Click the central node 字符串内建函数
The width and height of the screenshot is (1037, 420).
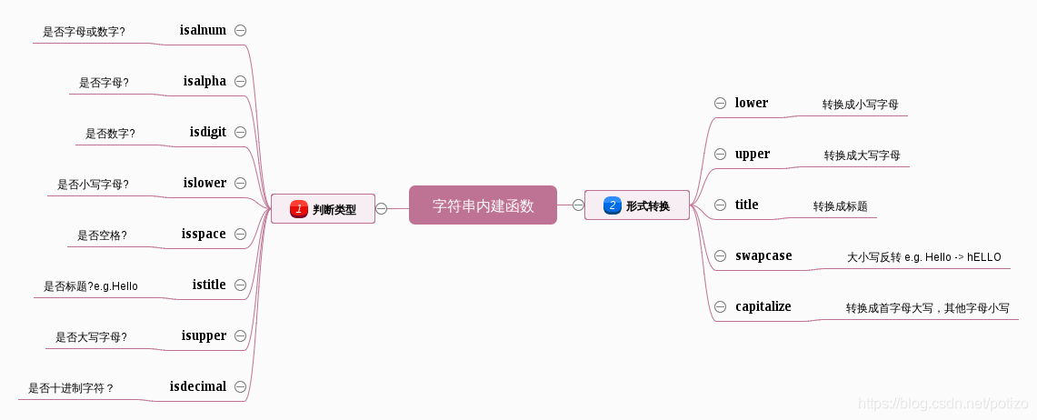483,205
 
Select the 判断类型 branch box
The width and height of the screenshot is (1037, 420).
323,209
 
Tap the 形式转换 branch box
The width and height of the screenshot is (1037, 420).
636,205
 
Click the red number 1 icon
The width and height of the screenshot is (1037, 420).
299,209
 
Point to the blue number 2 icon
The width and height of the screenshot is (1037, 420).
613,205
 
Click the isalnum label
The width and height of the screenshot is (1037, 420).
203,30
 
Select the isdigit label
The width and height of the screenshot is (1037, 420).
208,132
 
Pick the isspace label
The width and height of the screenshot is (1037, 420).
204,234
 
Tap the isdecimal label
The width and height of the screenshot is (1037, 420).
198,386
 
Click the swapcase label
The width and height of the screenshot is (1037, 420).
763,255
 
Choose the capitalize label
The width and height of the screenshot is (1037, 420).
763,306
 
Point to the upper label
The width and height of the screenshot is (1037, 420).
753,154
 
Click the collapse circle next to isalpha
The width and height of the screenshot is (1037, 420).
241,81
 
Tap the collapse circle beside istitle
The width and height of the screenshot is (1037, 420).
241,285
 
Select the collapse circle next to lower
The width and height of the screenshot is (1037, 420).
720,103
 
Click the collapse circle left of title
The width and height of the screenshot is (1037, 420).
720,205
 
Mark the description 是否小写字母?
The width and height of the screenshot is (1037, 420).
93,185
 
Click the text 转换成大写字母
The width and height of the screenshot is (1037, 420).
863,155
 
